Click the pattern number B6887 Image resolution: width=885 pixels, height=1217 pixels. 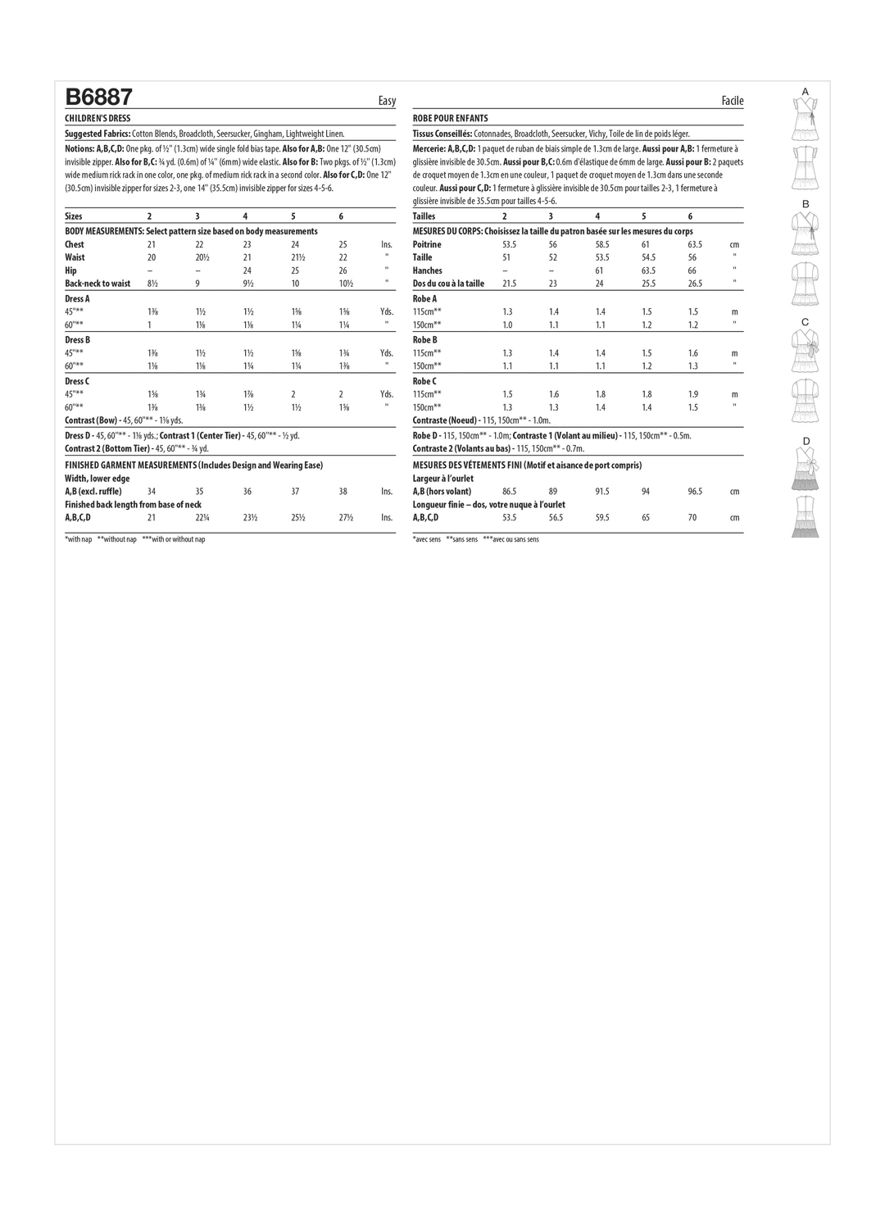click(98, 98)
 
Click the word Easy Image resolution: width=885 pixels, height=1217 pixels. click(387, 101)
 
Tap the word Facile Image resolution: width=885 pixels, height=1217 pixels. click(733, 101)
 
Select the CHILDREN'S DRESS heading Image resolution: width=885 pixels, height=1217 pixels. click(98, 119)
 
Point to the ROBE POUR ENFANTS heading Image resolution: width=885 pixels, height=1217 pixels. click(450, 119)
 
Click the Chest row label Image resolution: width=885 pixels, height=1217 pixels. click(75, 244)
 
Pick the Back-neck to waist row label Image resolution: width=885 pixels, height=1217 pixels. click(98, 284)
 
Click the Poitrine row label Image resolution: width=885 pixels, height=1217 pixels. click(427, 244)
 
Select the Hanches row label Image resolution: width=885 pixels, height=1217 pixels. click(427, 270)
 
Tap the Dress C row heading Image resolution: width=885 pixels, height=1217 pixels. click(77, 381)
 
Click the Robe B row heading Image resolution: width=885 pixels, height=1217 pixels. click(424, 339)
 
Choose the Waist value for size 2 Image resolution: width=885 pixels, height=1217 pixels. click(152, 257)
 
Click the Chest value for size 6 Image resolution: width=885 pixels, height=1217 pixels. click(343, 244)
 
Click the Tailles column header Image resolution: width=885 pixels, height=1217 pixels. click(424, 216)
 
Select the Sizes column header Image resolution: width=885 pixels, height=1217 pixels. click(74, 216)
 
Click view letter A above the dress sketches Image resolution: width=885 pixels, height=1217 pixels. click(806, 90)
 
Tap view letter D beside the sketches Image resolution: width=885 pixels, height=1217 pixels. click(806, 442)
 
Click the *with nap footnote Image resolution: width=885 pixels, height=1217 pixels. click(79, 539)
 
